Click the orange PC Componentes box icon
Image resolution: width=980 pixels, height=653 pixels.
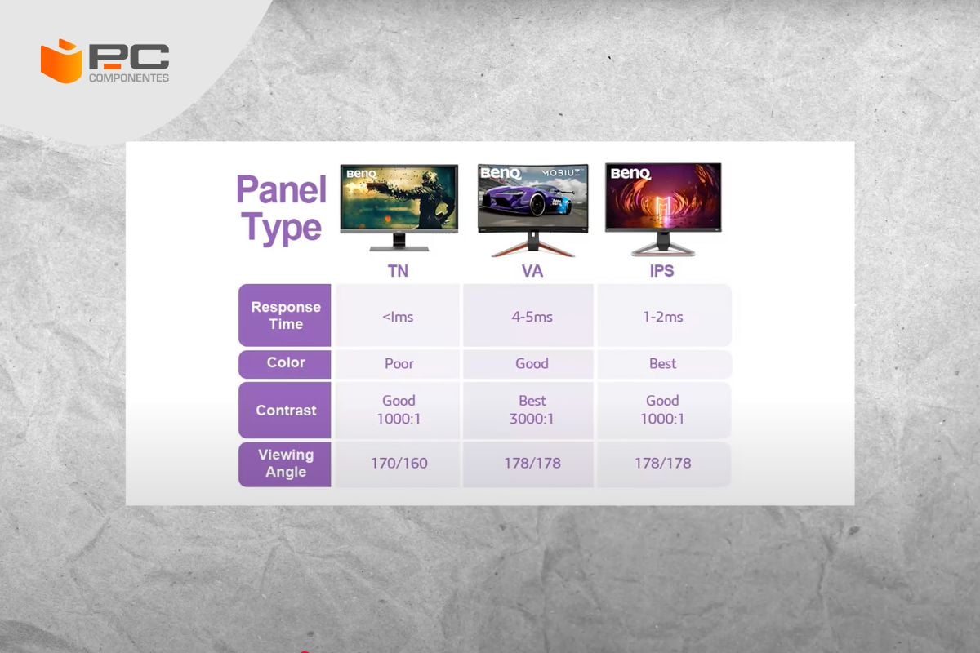coord(61,61)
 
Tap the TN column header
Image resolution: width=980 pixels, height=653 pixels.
coord(398,271)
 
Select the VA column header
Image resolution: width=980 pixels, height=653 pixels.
coord(532,271)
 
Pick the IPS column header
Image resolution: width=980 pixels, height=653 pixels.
coord(662,271)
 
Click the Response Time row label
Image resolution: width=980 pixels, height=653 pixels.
coord(286,315)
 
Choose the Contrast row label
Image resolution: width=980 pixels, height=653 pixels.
coord(286,411)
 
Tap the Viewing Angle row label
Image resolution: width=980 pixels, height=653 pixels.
coord(286,463)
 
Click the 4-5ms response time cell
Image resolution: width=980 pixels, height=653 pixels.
coord(532,317)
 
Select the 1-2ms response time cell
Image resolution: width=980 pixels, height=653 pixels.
coord(663,317)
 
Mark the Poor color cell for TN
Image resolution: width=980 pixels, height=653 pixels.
coord(399,363)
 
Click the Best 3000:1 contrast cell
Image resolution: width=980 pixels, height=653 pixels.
coord(532,410)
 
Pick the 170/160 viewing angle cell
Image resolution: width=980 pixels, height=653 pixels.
coord(399,463)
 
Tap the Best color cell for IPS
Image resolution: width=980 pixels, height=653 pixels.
coord(663,363)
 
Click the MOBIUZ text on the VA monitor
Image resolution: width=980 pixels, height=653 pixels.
coord(562,173)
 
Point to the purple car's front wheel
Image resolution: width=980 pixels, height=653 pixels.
coord(537,204)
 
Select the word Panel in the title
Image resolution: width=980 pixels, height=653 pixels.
coord(281,189)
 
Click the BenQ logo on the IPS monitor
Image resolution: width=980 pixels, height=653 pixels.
coord(630,174)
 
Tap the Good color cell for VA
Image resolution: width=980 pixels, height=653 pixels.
coord(532,363)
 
